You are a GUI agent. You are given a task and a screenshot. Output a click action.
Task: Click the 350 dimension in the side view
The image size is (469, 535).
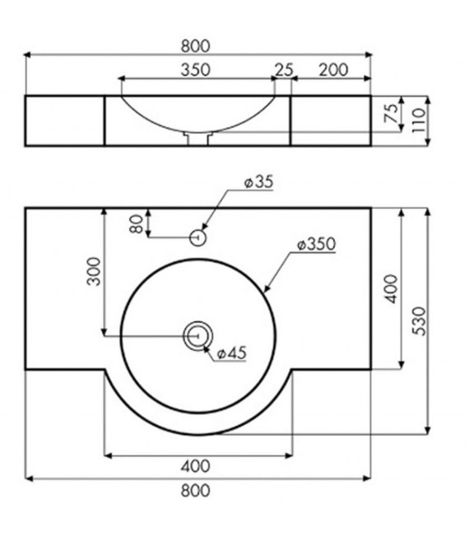click(194, 69)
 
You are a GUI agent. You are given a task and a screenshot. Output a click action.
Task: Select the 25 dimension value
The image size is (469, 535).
click(284, 69)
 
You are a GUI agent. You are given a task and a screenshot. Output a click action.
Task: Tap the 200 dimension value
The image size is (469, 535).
click(332, 69)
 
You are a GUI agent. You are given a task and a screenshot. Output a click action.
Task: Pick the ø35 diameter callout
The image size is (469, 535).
click(258, 182)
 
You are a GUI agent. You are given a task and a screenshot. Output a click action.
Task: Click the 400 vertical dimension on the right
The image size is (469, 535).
click(391, 288)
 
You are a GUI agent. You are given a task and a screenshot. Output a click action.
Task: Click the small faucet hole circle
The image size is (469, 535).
click(197, 238)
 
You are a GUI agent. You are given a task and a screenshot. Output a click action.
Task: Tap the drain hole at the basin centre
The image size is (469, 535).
click(197, 334)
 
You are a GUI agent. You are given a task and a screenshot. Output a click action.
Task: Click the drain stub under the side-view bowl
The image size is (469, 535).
click(197, 140)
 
